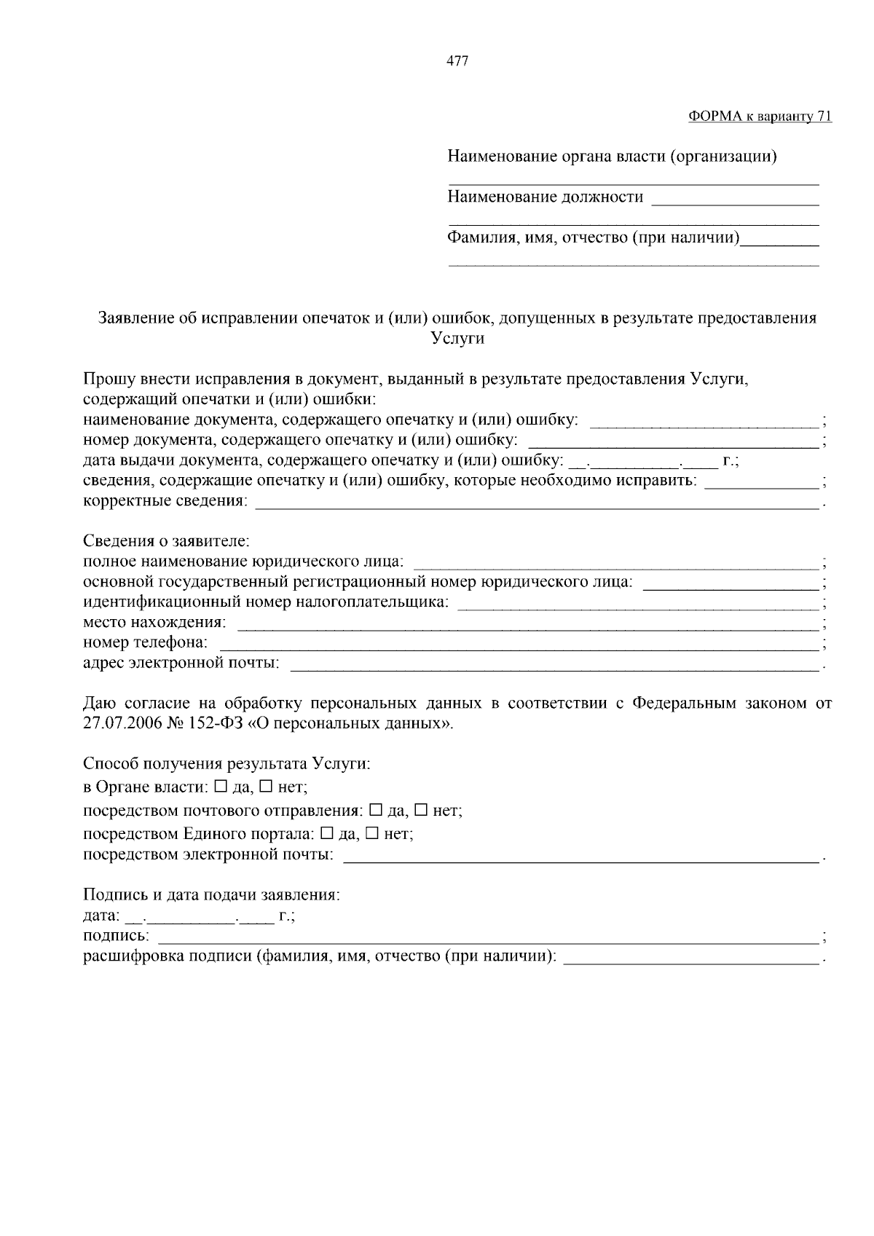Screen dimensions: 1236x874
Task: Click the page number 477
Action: pos(457,62)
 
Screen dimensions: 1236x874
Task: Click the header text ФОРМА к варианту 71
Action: pos(760,117)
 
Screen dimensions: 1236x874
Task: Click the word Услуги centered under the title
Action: pos(457,339)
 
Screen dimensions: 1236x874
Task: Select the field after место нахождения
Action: pos(528,625)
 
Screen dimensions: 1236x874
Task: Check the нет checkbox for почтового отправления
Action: pos(421,810)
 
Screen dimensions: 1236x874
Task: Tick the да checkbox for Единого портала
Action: pos(326,832)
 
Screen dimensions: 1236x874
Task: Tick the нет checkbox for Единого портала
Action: pos(372,832)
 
